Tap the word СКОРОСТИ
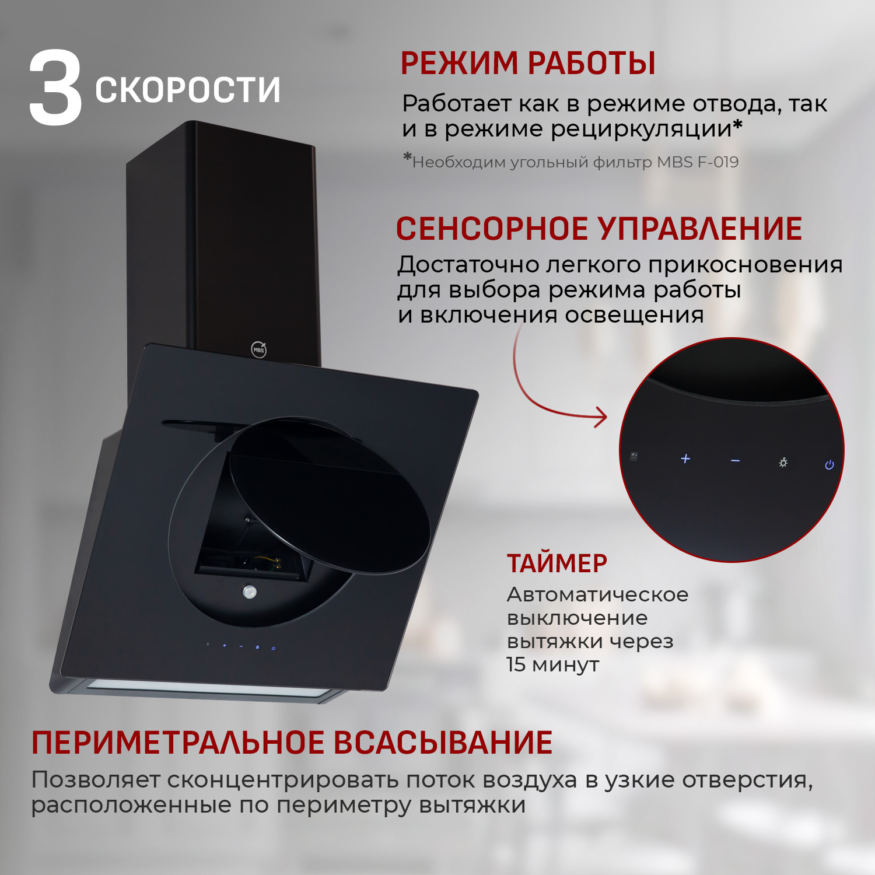pyautogui.click(x=188, y=90)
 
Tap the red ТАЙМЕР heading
pyautogui.click(x=557, y=563)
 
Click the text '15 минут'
pyautogui.click(x=553, y=664)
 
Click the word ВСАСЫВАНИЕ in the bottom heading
pyautogui.click(x=443, y=743)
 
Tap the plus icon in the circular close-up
pyautogui.click(x=685, y=459)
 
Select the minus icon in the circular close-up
pyautogui.click(x=736, y=461)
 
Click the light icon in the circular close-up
pyautogui.click(x=783, y=463)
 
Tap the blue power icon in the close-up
pyautogui.click(x=829, y=465)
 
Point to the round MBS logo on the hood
pyautogui.click(x=259, y=349)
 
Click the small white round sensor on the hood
pyautogui.click(x=250, y=592)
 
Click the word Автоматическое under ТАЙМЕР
pyautogui.click(x=597, y=594)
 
